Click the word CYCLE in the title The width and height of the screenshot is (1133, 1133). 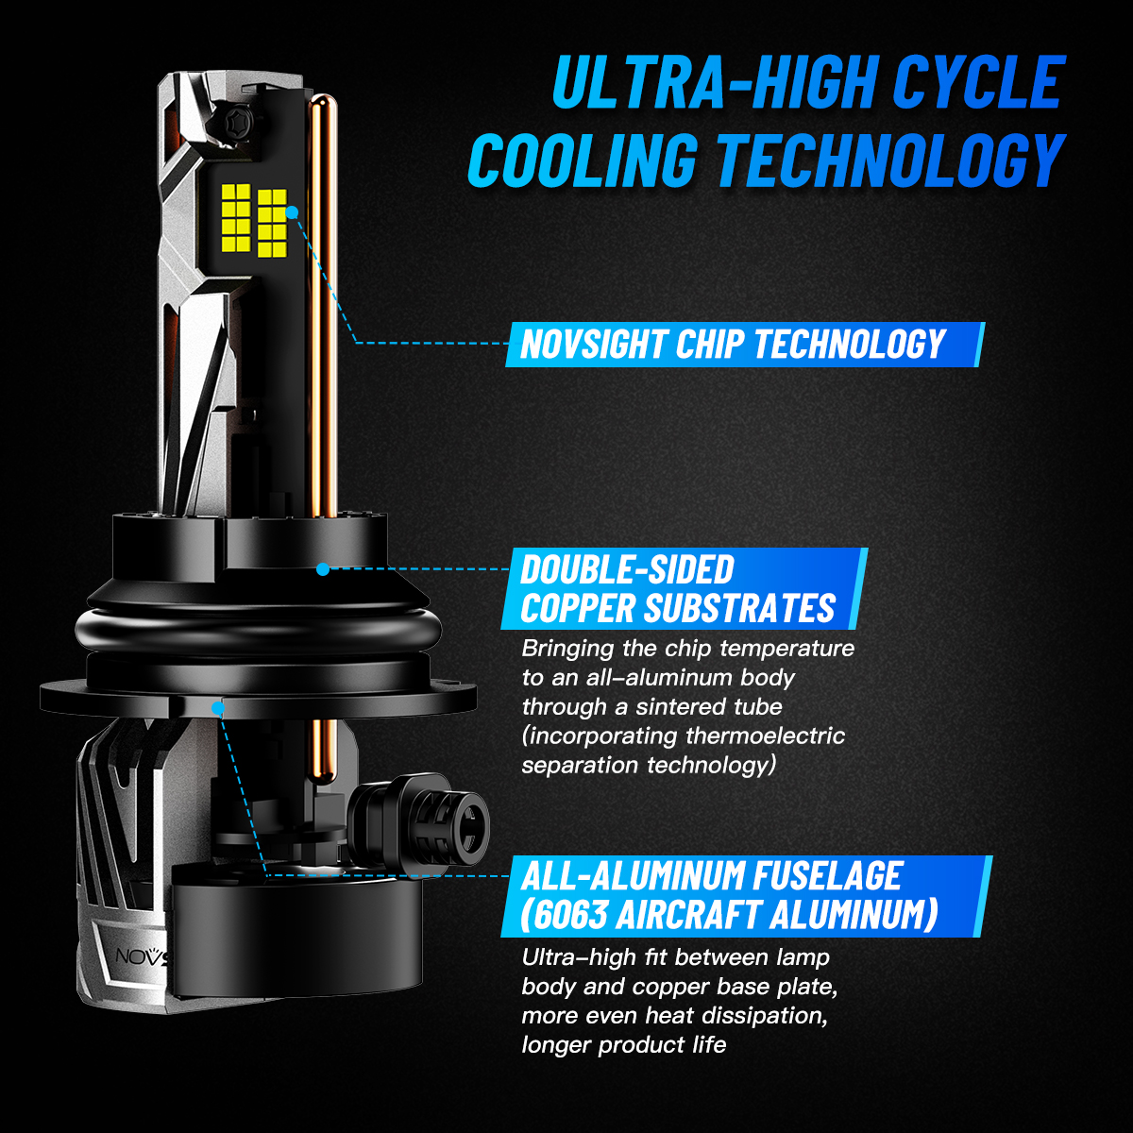(x=978, y=82)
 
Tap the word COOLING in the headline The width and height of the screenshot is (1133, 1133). (x=583, y=160)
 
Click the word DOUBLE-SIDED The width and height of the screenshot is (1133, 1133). (x=627, y=569)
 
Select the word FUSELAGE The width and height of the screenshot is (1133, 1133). (x=828, y=875)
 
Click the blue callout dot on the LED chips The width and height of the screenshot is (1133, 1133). (x=292, y=212)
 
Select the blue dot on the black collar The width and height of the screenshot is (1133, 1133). (x=323, y=568)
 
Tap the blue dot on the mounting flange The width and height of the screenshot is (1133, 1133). (x=218, y=708)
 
